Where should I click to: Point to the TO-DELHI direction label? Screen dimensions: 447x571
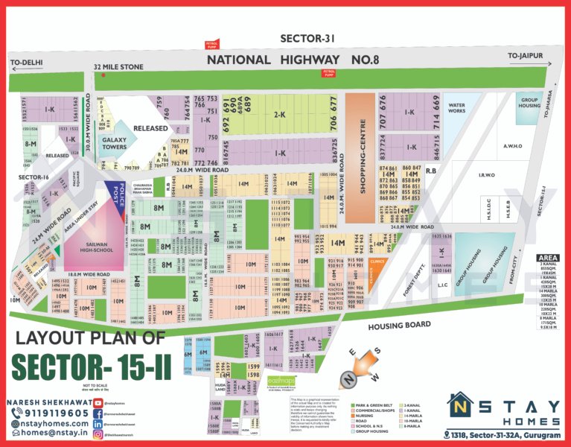(x=28, y=62)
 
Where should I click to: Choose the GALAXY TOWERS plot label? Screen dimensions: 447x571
(x=115, y=142)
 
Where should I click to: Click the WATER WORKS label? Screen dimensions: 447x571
(x=456, y=110)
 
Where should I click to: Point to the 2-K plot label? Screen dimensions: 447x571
(x=280, y=115)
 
